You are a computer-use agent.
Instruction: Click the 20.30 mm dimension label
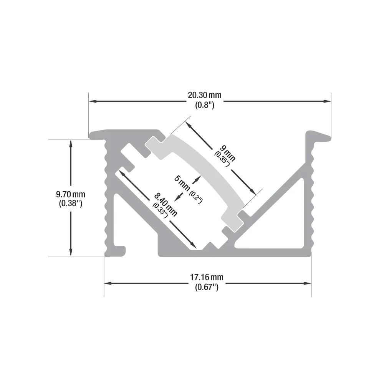(x=205, y=95)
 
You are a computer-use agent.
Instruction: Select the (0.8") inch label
(x=205, y=105)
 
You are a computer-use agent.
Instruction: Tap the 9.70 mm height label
(x=71, y=194)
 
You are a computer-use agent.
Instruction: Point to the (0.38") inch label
(x=71, y=203)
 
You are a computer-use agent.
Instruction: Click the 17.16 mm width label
(x=207, y=277)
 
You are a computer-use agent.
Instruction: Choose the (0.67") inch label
(x=207, y=287)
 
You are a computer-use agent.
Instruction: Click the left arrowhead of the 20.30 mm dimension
(x=92, y=101)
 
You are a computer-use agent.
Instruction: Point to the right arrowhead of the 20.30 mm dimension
(x=328, y=101)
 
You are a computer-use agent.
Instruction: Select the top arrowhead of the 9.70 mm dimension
(x=71, y=143)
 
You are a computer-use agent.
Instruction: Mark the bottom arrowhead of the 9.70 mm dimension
(x=71, y=253)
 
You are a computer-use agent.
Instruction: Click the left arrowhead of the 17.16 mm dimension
(x=108, y=283)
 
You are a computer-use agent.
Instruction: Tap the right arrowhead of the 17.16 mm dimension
(x=308, y=283)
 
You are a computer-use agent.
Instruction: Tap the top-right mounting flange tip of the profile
(x=329, y=139)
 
